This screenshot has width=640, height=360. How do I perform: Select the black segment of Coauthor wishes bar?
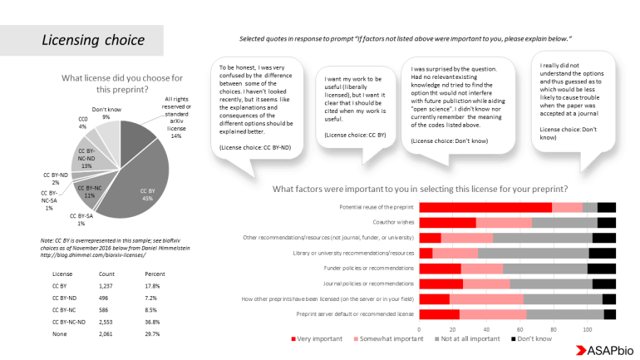coord(606,222)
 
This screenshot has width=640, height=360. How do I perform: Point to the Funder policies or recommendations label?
coord(369,269)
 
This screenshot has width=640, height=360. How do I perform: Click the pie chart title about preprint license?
coord(122,83)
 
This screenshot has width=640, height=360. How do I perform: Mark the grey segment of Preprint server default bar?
coord(564,313)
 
